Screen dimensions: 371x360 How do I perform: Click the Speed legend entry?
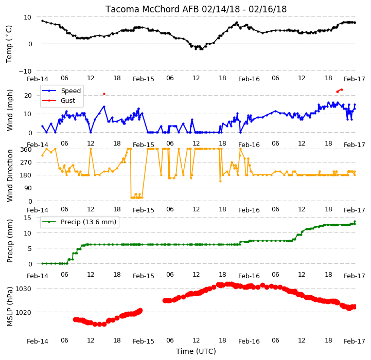tap(61, 91)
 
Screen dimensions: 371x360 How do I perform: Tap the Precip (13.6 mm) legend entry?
tap(79, 222)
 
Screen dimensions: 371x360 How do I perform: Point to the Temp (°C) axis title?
tap(9, 44)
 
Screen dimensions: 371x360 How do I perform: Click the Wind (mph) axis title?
tap(10, 110)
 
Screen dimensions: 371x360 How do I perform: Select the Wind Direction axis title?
tap(10, 175)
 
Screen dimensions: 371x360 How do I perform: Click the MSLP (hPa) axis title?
tap(10, 307)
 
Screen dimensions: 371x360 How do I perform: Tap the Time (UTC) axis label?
tap(196, 351)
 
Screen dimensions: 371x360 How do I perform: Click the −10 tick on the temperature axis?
tap(25, 71)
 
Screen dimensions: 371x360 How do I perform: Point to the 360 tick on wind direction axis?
tap(26, 150)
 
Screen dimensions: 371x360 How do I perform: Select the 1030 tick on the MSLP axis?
tap(23, 289)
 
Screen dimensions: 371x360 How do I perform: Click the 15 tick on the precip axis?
tap(27, 218)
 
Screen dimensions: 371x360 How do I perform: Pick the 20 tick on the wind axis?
tap(28, 96)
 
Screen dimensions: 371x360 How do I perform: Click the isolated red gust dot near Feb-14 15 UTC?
tap(104, 94)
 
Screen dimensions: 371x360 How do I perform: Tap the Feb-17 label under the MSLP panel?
tap(354, 341)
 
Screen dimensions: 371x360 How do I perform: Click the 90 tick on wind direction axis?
tap(28, 188)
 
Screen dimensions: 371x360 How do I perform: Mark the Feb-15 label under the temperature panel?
tap(144, 79)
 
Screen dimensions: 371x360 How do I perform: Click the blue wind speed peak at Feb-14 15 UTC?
tap(104, 106)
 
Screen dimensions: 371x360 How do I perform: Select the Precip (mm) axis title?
tap(10, 241)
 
